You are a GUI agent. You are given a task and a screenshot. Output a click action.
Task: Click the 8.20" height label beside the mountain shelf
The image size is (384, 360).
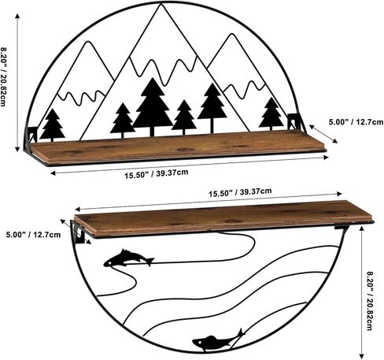coord(3,76)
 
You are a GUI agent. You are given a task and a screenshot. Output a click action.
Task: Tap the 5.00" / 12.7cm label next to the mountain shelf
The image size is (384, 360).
coord(356,122)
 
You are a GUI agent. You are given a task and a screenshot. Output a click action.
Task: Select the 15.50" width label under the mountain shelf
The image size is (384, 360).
coord(157,174)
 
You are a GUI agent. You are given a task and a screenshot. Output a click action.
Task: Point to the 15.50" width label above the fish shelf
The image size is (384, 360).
coord(240,192)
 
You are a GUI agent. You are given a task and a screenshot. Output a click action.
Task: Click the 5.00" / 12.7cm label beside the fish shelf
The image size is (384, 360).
coord(33,235)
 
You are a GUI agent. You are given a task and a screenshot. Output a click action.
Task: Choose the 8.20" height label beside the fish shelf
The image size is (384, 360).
coord(370,301)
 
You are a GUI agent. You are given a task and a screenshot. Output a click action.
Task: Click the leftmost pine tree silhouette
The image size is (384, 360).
coord(53,124)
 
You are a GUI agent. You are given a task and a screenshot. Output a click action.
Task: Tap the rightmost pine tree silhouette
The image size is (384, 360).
coord(271,113)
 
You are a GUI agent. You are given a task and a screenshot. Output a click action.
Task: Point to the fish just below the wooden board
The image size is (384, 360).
coord(128,258)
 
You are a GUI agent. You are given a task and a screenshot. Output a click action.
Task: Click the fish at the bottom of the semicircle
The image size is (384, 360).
coord(218,340)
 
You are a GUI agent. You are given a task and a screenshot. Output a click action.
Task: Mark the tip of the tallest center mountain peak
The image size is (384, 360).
coord(161,5)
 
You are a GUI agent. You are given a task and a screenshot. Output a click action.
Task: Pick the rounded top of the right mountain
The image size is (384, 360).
coord(231,35)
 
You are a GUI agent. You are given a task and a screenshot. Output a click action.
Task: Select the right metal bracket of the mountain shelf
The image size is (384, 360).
coord(296,121)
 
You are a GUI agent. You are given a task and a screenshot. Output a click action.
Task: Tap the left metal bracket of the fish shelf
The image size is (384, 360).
coord(79,232)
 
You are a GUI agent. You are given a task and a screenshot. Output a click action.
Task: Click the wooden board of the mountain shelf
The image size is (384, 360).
coord(177,147)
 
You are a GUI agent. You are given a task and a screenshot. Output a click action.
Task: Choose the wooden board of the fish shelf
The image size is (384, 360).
coord(223,217)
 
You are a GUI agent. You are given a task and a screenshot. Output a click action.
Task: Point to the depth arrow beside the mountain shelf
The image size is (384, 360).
coord(323,134)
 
